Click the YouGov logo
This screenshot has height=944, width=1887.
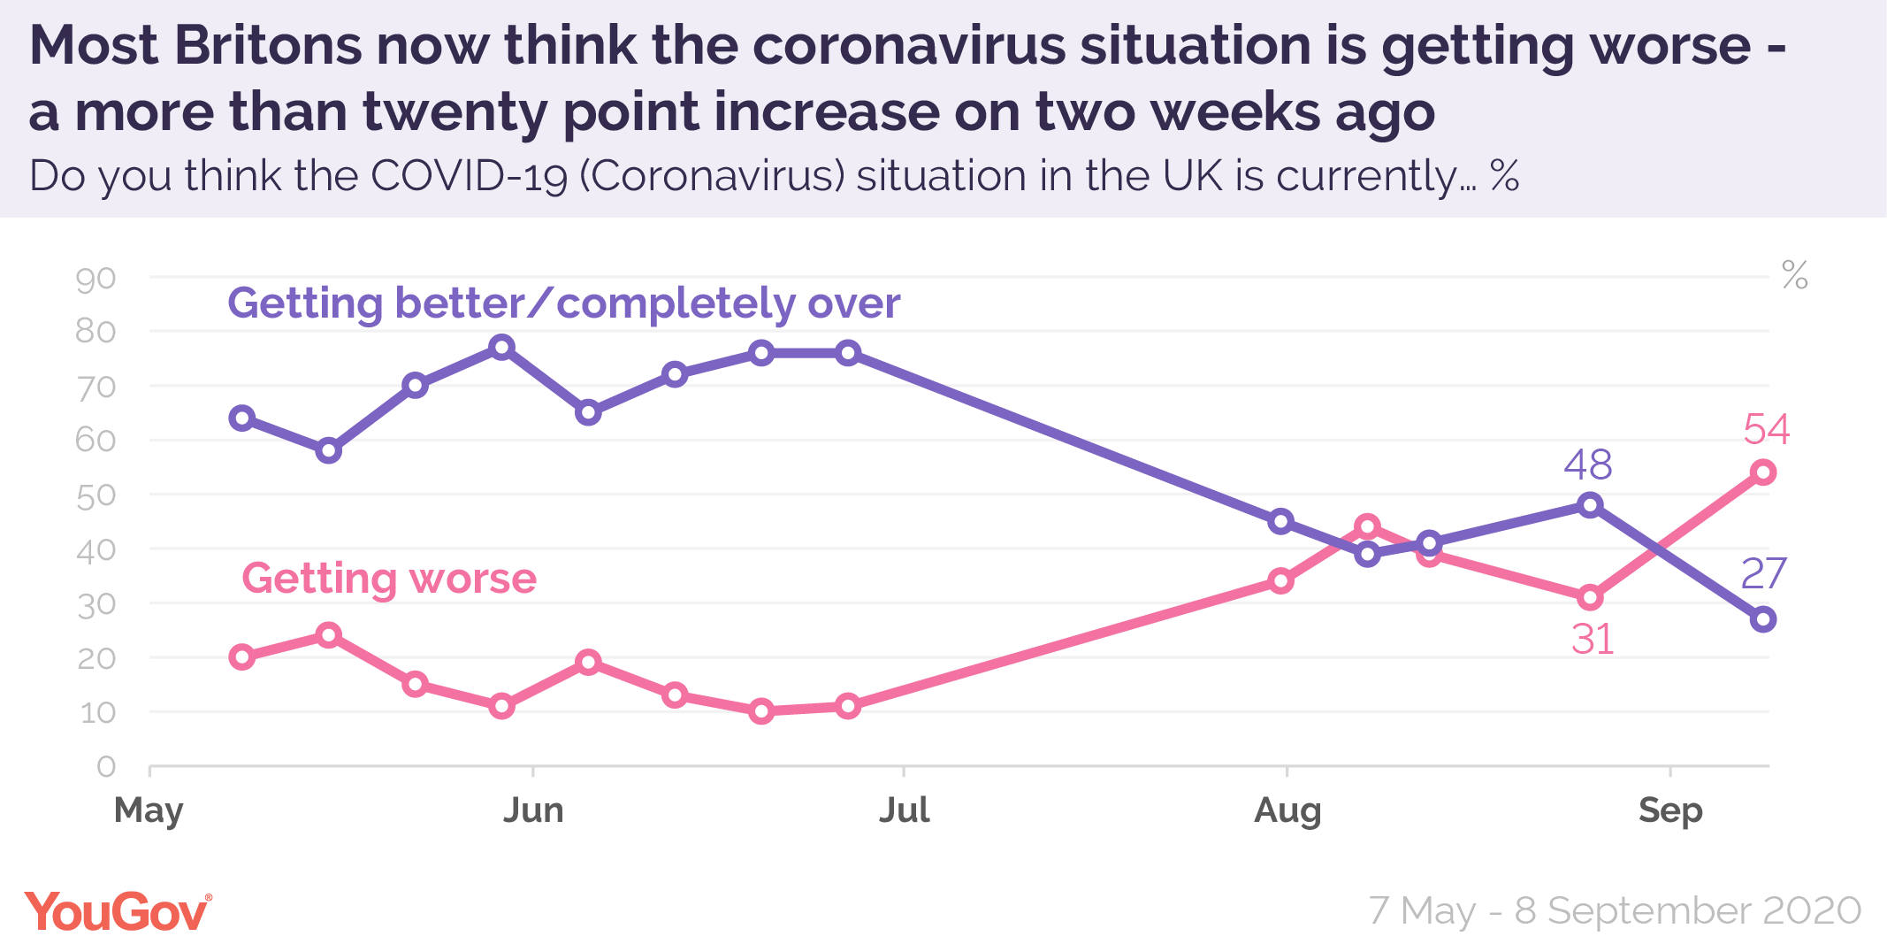[118, 911]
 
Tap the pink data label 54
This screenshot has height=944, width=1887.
[1766, 430]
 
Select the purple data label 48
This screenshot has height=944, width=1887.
[1588, 465]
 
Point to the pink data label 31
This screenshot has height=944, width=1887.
[1593, 640]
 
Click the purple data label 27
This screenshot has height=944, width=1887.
[1763, 574]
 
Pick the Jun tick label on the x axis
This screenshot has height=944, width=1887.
[533, 810]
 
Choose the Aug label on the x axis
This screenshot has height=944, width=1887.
[1287, 810]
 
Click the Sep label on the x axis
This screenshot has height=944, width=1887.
[1669, 810]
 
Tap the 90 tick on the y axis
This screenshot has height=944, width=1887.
[95, 280]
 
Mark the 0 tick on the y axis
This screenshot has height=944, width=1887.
[106, 766]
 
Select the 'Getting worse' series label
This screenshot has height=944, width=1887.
[389, 579]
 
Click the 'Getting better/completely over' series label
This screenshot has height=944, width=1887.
[564, 303]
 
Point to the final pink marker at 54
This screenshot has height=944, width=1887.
[1763, 472]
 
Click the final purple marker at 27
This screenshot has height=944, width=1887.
[1763, 619]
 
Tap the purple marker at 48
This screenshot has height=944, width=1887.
[1590, 505]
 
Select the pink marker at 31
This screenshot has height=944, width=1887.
[1590, 598]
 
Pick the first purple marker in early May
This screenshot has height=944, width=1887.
[242, 418]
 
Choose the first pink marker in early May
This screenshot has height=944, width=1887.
[242, 656]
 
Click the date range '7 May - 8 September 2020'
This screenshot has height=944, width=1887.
[1615, 911]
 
